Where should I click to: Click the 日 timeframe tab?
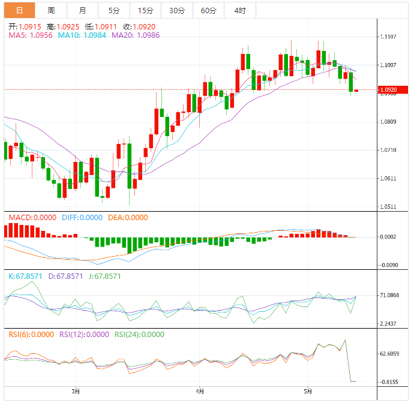[19, 11]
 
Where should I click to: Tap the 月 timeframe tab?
[82, 11]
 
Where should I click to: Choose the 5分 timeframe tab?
[114, 11]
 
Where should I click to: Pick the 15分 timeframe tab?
[145, 11]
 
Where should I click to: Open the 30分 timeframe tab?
[177, 11]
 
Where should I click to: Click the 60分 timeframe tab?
[208, 11]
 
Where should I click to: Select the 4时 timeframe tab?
[240, 11]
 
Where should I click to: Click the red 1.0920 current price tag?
[393, 91]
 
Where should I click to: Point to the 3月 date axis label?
[76, 392]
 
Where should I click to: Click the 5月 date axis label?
[308, 392]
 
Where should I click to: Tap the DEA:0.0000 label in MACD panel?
[127, 218]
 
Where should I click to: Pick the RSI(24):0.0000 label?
[139, 335]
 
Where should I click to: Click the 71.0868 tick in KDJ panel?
[390, 296]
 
